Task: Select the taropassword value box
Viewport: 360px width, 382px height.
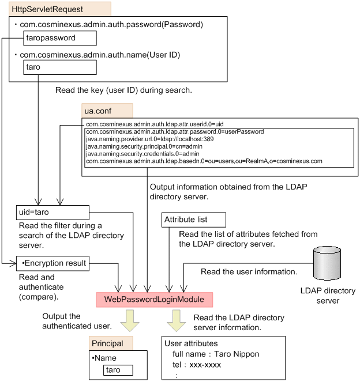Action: click(x=60, y=38)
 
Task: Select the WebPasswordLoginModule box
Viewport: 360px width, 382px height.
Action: click(x=154, y=300)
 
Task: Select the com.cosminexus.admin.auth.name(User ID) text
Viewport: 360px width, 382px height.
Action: click(x=100, y=55)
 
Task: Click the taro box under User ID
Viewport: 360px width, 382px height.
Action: click(x=60, y=67)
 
